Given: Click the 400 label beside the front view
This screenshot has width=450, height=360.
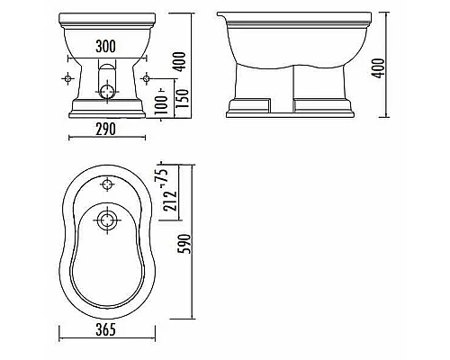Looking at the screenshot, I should tap(183, 64).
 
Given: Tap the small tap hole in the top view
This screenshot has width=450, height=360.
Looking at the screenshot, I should tap(108, 186).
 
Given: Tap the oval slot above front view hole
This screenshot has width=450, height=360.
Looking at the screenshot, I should tap(108, 70).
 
